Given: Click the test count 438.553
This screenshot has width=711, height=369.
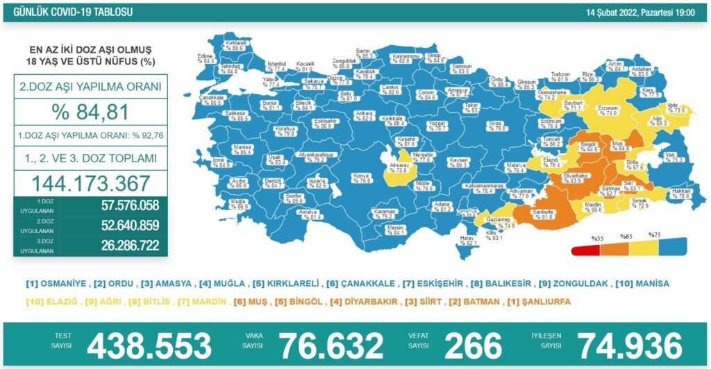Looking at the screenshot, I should pos(149,345).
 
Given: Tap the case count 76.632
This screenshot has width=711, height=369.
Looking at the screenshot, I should pos(331,345).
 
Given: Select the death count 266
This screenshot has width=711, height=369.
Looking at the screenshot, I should pos(472,345).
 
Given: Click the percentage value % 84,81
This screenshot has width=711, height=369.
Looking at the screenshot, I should pos(90,111).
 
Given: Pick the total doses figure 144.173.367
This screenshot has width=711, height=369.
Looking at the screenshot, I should pos(90,183).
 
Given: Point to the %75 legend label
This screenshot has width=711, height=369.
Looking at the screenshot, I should pos(655,235).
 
